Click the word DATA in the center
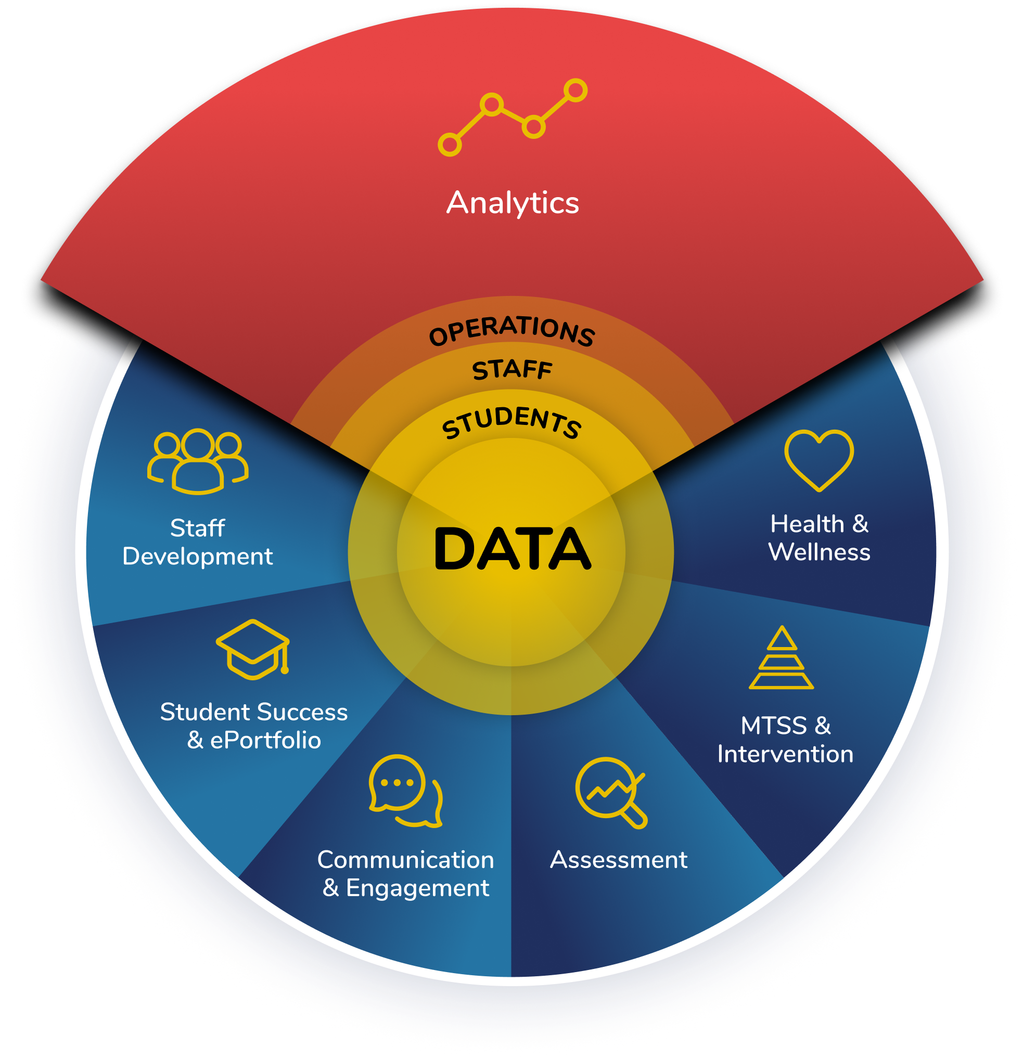(512, 549)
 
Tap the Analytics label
(513, 203)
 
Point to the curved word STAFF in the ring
(512, 370)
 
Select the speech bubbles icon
(405, 791)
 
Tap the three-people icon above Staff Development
(198, 461)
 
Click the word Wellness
(819, 553)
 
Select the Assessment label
(618, 860)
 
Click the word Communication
(405, 860)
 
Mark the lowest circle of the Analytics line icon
(450, 145)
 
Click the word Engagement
(417, 888)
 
